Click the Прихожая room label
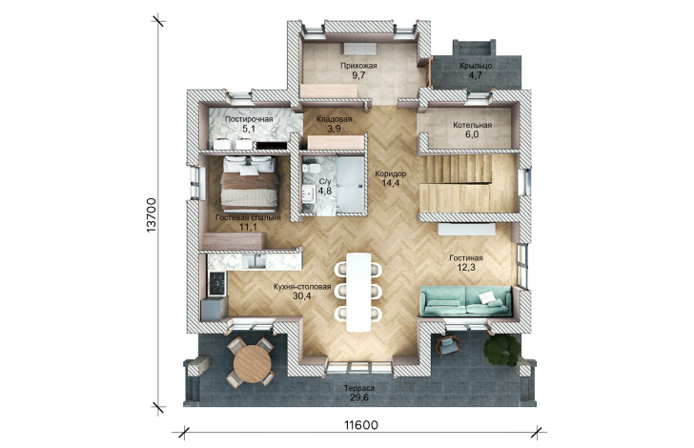[x=358, y=66]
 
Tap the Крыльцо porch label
[x=476, y=66]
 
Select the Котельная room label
[x=472, y=125]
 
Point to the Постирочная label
[x=249, y=119]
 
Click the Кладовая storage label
[x=335, y=119]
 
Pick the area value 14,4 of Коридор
[x=391, y=183]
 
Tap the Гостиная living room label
[x=466, y=258]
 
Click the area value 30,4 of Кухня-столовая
[x=302, y=296]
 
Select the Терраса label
[x=359, y=388]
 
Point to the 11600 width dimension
[x=361, y=425]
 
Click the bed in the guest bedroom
[x=250, y=183]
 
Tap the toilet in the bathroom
[x=310, y=169]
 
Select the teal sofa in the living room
[x=465, y=301]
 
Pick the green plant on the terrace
[x=502, y=350]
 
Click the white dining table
[x=358, y=292]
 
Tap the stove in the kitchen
[x=217, y=283]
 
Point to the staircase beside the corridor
[x=467, y=183]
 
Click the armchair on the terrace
[x=447, y=345]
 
